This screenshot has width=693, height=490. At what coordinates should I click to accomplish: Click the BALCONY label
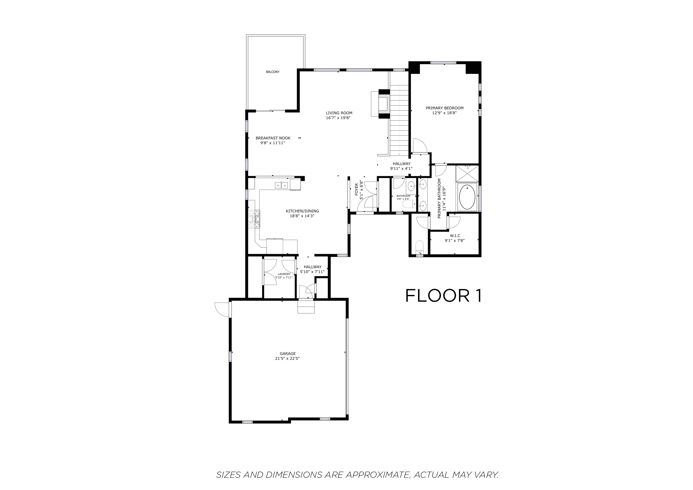(273, 72)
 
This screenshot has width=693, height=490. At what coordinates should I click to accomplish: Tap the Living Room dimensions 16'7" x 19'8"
(339, 118)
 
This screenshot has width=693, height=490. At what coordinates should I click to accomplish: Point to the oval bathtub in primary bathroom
(467, 197)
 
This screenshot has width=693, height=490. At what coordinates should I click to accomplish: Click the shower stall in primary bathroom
(467, 172)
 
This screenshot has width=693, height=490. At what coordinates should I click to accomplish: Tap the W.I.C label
(455, 236)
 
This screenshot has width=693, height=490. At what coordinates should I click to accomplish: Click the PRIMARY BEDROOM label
(444, 108)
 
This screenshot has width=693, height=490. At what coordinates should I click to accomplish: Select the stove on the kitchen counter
(254, 219)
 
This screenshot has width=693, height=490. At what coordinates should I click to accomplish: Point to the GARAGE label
(287, 354)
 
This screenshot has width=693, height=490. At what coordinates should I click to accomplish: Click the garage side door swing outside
(221, 310)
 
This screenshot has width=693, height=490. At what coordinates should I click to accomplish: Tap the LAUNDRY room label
(284, 274)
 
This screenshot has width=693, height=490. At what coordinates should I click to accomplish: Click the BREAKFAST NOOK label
(273, 138)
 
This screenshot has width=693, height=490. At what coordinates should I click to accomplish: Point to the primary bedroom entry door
(419, 146)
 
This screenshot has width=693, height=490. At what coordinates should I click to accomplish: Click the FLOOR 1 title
(443, 296)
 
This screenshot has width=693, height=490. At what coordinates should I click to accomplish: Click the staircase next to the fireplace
(399, 121)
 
